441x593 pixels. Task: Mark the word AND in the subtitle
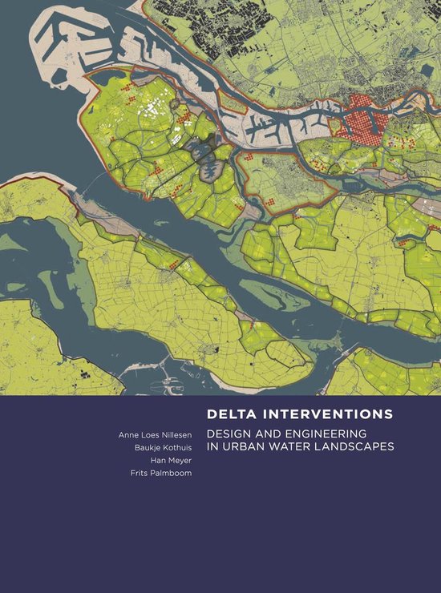(x=271, y=434)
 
